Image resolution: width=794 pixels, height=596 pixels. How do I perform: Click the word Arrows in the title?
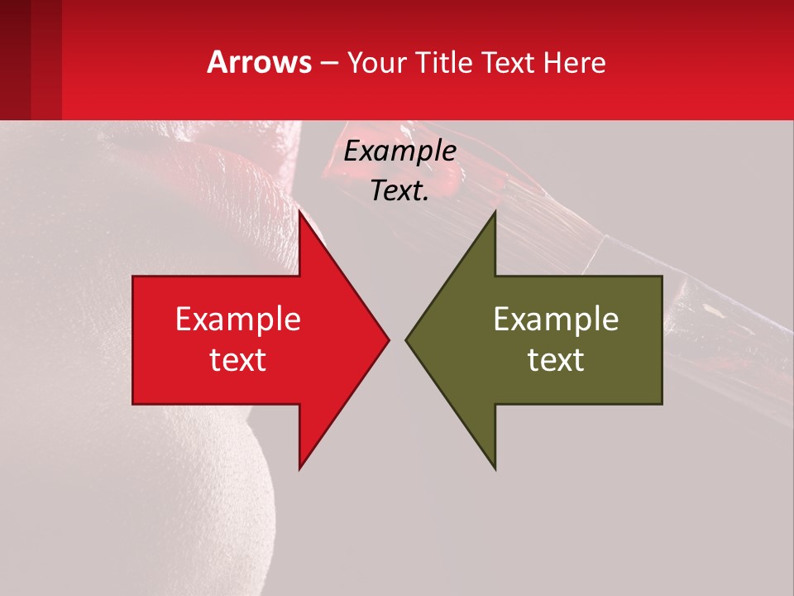(x=259, y=62)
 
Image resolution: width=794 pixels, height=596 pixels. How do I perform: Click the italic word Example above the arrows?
(x=399, y=151)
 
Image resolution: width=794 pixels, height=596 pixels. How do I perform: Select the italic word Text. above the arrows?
(x=399, y=191)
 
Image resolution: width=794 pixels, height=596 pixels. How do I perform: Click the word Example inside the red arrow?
(x=238, y=320)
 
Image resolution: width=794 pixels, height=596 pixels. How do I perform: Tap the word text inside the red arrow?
(x=238, y=359)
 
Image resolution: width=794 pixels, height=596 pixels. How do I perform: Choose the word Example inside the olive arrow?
(x=556, y=320)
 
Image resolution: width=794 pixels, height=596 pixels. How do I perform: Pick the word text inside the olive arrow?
(x=556, y=359)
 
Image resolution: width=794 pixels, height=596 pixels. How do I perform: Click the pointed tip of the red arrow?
(x=389, y=339)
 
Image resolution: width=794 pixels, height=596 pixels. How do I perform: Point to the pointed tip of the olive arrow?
(x=406, y=339)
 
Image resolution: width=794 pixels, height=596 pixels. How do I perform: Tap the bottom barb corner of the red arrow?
(x=299, y=469)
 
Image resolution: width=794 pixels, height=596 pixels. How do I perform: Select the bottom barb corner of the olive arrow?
(x=495, y=469)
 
